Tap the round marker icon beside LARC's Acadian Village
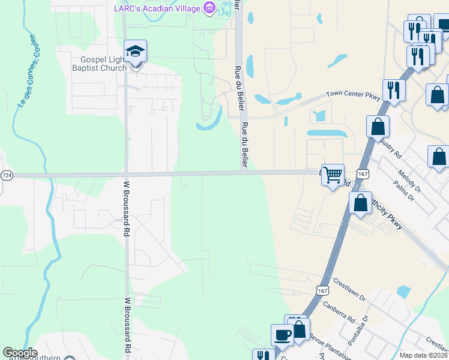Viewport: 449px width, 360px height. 209,8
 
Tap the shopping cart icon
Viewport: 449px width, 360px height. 333,175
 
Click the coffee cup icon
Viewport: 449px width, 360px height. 282,335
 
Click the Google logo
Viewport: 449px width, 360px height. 20,353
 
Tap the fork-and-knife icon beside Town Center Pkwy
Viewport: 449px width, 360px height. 394,91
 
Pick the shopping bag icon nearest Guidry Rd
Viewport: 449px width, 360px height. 378,127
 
